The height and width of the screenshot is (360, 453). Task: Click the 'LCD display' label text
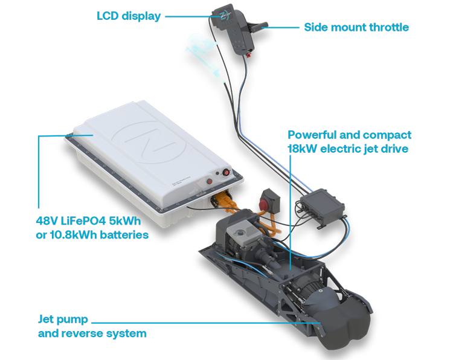[129, 16]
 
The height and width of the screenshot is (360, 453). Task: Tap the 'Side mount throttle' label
[356, 27]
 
